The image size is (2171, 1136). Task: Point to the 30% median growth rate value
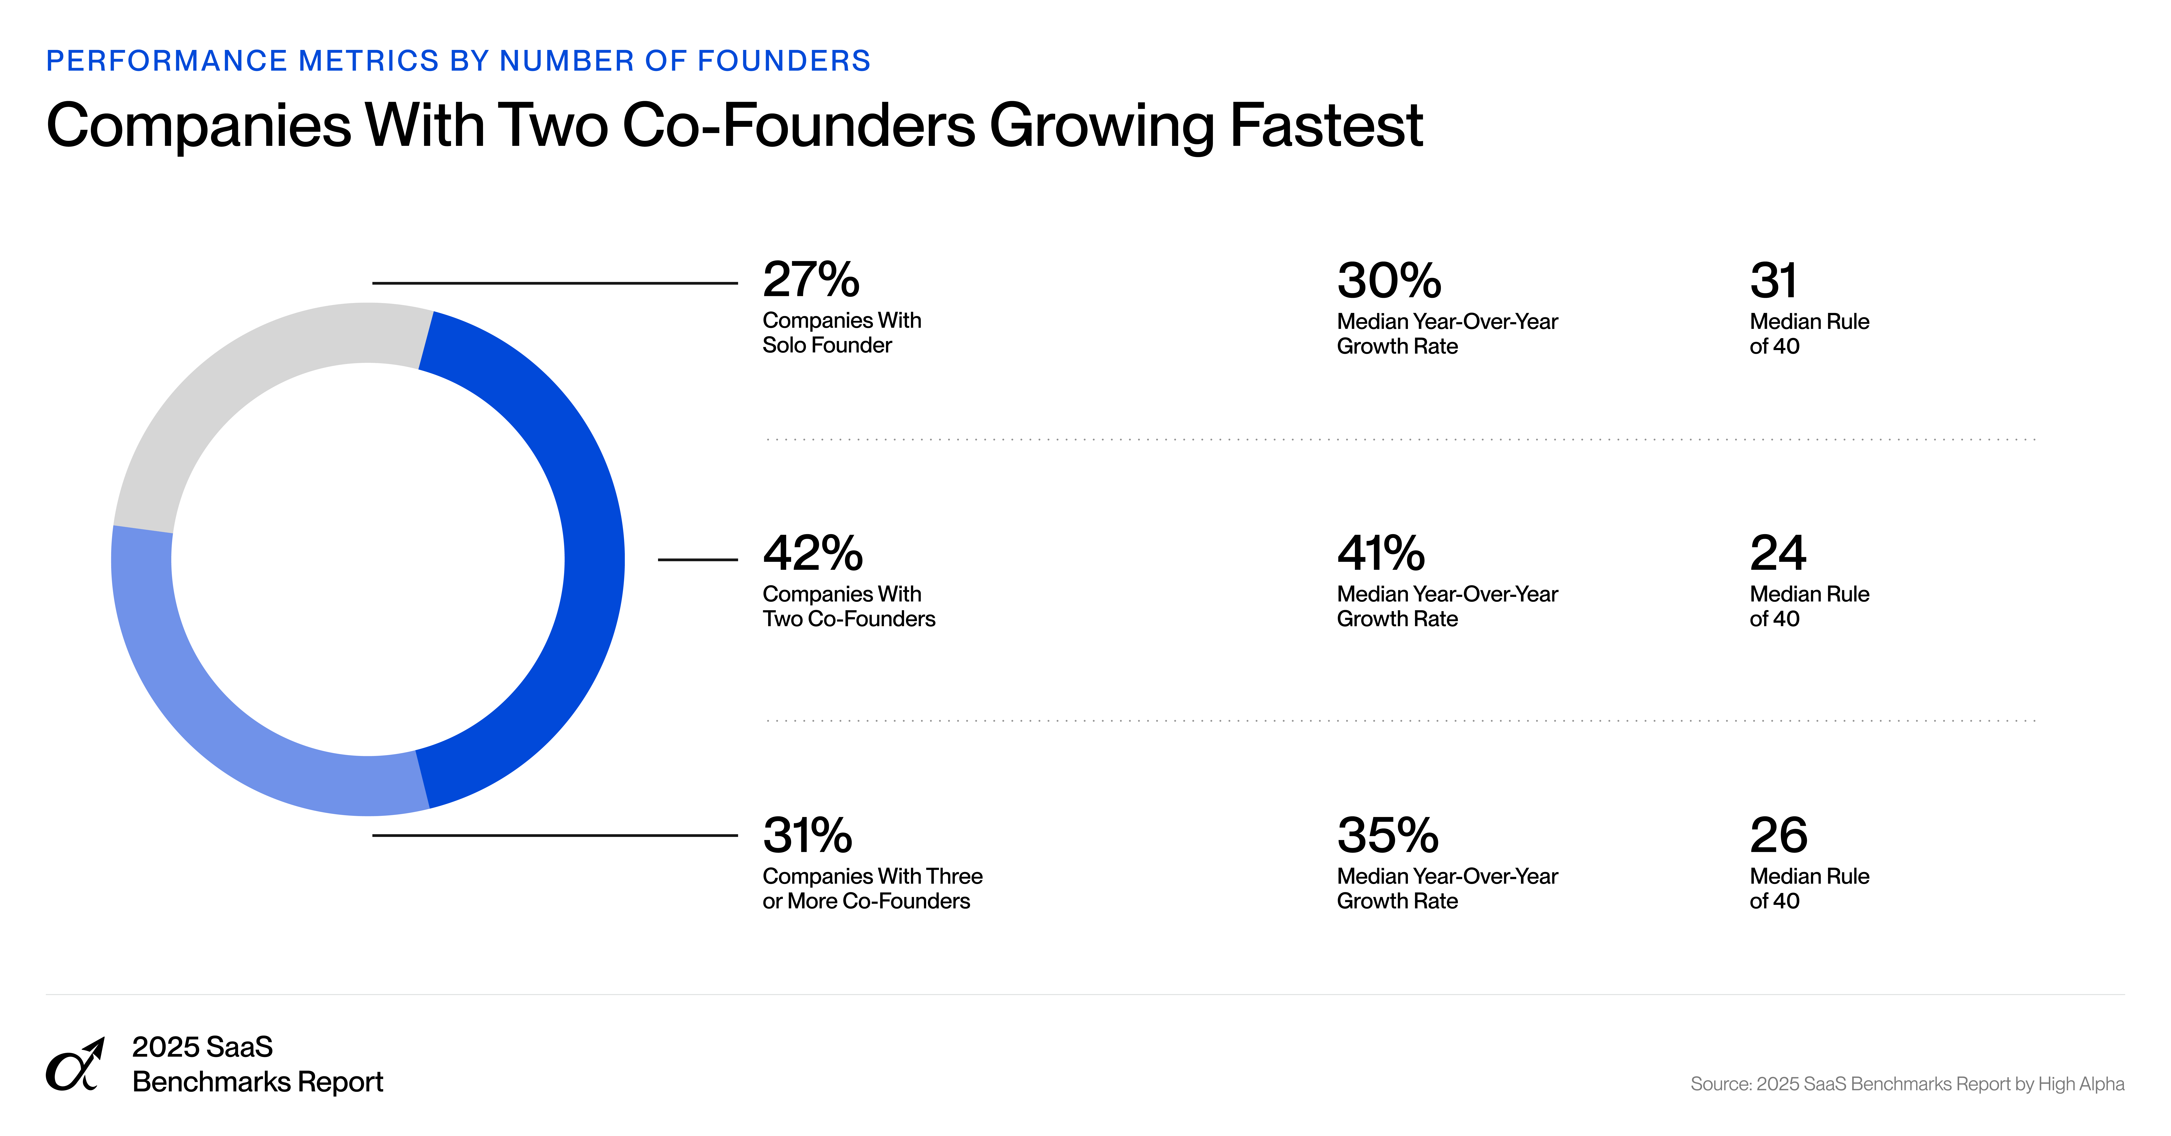(1389, 281)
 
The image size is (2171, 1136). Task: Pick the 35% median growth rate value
(1387, 835)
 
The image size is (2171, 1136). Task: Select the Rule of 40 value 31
(1773, 281)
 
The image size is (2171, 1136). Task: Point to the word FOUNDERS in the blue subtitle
(784, 61)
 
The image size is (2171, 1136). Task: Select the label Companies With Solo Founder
(841, 333)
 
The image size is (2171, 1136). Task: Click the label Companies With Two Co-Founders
(848, 606)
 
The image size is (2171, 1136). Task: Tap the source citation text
(1906, 1084)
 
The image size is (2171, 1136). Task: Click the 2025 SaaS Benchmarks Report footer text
(257, 1064)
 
